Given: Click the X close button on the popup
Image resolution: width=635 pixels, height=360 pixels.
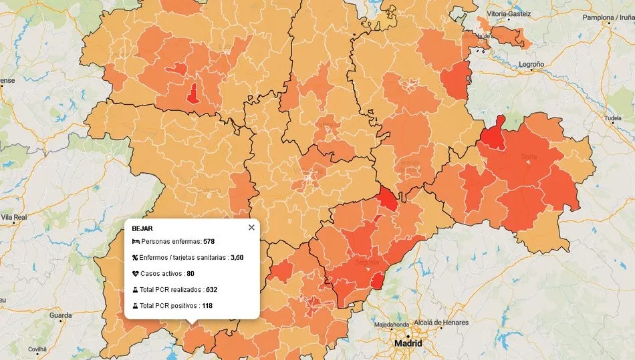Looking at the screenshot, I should (x=251, y=228).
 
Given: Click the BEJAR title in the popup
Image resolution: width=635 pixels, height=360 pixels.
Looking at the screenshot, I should (x=142, y=228).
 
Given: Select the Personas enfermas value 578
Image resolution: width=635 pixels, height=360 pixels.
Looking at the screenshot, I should (x=209, y=241).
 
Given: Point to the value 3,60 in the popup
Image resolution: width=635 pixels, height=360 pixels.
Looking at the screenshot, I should (x=237, y=257).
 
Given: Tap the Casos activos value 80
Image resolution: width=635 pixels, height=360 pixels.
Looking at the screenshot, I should (x=190, y=273).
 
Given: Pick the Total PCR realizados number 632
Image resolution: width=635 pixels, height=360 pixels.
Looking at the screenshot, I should (x=211, y=289).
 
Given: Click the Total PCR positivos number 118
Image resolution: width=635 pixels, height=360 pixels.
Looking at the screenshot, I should (x=207, y=305).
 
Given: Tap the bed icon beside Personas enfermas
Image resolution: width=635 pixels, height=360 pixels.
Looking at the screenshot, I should (x=135, y=241).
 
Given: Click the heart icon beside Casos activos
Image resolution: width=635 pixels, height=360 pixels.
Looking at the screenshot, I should (x=135, y=273).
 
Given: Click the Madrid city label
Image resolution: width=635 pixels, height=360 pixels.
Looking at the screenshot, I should (x=408, y=343).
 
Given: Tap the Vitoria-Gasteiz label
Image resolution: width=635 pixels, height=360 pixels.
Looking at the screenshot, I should (x=509, y=13).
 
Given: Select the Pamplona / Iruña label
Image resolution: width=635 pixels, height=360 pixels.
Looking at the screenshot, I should (x=607, y=18).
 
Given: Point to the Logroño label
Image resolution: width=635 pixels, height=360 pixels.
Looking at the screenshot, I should (x=531, y=65).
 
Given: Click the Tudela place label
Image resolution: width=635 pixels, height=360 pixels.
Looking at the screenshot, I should (x=612, y=118).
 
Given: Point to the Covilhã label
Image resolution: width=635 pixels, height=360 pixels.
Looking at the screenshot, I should (x=37, y=349).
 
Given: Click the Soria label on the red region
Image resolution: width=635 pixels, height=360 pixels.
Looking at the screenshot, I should (x=529, y=157).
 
